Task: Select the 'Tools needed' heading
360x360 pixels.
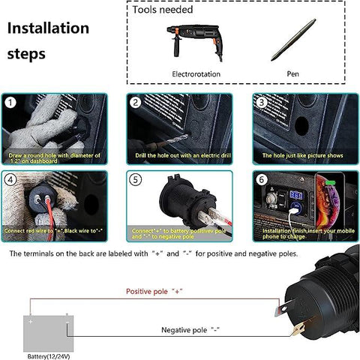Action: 163,10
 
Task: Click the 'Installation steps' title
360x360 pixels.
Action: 46,41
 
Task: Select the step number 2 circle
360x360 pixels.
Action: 135,103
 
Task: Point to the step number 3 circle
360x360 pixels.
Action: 261,103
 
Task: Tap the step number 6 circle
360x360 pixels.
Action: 261,179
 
